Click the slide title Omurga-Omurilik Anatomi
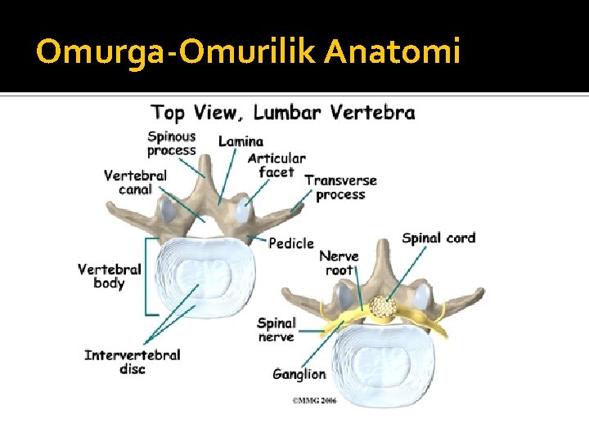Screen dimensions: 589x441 (x=249, y=52)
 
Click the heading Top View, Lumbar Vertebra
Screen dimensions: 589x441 (x=283, y=113)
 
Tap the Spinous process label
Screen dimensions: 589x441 (x=172, y=144)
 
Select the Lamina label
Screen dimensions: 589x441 (x=241, y=141)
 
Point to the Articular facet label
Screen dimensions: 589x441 (x=277, y=165)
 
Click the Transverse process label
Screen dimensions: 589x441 (x=340, y=187)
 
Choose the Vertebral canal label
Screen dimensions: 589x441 (x=135, y=182)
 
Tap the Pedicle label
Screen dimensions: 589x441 (x=291, y=243)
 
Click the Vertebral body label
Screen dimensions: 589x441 (x=110, y=276)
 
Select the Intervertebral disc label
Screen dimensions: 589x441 (x=132, y=362)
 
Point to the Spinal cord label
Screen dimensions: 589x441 (x=438, y=238)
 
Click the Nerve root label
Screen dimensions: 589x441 (x=339, y=263)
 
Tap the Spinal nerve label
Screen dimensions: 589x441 (x=276, y=330)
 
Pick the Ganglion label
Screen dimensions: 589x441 (x=299, y=375)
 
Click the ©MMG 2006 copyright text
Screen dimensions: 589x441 (x=314, y=400)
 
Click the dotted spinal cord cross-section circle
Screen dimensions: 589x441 (x=383, y=307)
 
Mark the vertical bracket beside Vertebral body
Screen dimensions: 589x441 (x=146, y=276)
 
